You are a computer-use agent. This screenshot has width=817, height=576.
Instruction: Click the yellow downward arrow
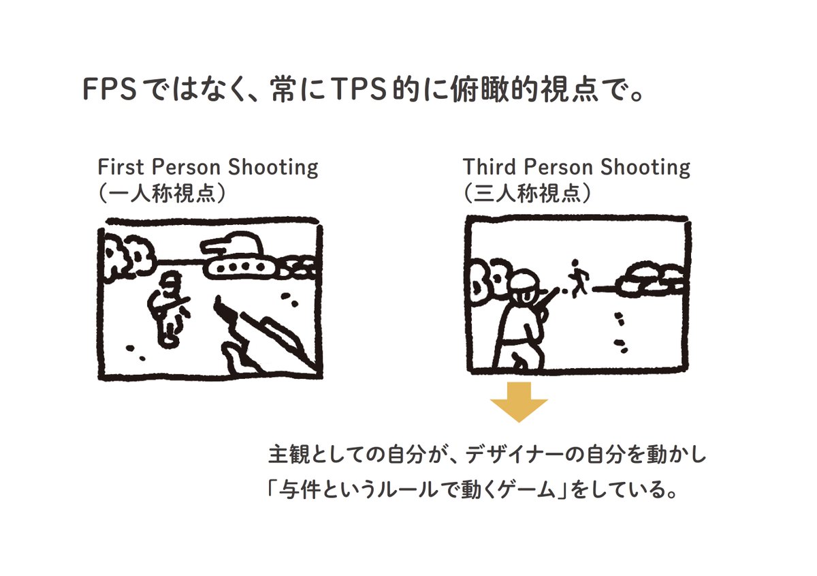(519, 402)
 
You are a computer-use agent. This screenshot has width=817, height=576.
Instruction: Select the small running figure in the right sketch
(577, 277)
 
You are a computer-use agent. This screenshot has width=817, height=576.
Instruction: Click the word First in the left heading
(121, 167)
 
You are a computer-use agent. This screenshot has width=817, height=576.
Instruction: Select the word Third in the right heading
(490, 167)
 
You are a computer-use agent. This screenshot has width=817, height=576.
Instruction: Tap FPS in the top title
(110, 89)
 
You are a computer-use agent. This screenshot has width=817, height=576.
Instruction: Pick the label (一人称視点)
(162, 193)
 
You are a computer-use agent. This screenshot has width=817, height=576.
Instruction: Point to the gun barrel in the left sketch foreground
(266, 338)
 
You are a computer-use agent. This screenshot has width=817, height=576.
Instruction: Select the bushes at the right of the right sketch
(650, 281)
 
